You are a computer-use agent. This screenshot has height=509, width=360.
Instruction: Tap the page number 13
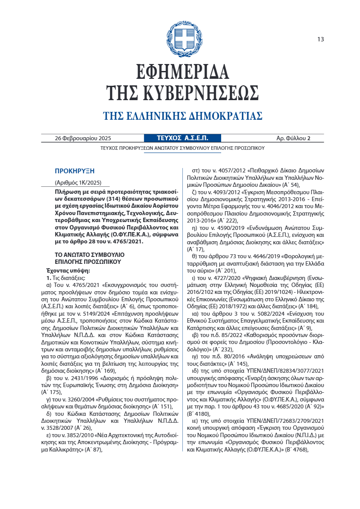tap(320, 40)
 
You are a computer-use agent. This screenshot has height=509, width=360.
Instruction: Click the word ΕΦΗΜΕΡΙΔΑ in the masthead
tap(182, 72)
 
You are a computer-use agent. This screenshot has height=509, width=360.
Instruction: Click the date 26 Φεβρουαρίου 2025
tap(83, 138)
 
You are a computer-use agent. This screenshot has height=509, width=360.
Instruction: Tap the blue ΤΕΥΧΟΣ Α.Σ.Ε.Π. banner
tap(182, 138)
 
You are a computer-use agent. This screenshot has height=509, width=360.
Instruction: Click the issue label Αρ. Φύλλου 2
tap(293, 138)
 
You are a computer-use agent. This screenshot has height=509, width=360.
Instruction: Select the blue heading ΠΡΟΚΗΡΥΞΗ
tap(74, 171)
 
